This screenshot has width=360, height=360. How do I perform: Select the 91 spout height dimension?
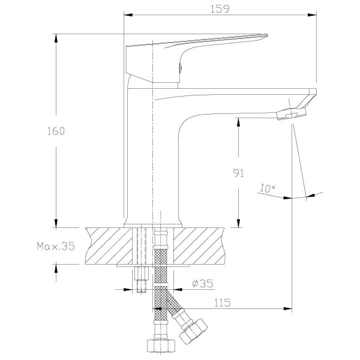238,173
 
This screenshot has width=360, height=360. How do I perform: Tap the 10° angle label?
268,188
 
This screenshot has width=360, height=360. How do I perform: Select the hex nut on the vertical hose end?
158,346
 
